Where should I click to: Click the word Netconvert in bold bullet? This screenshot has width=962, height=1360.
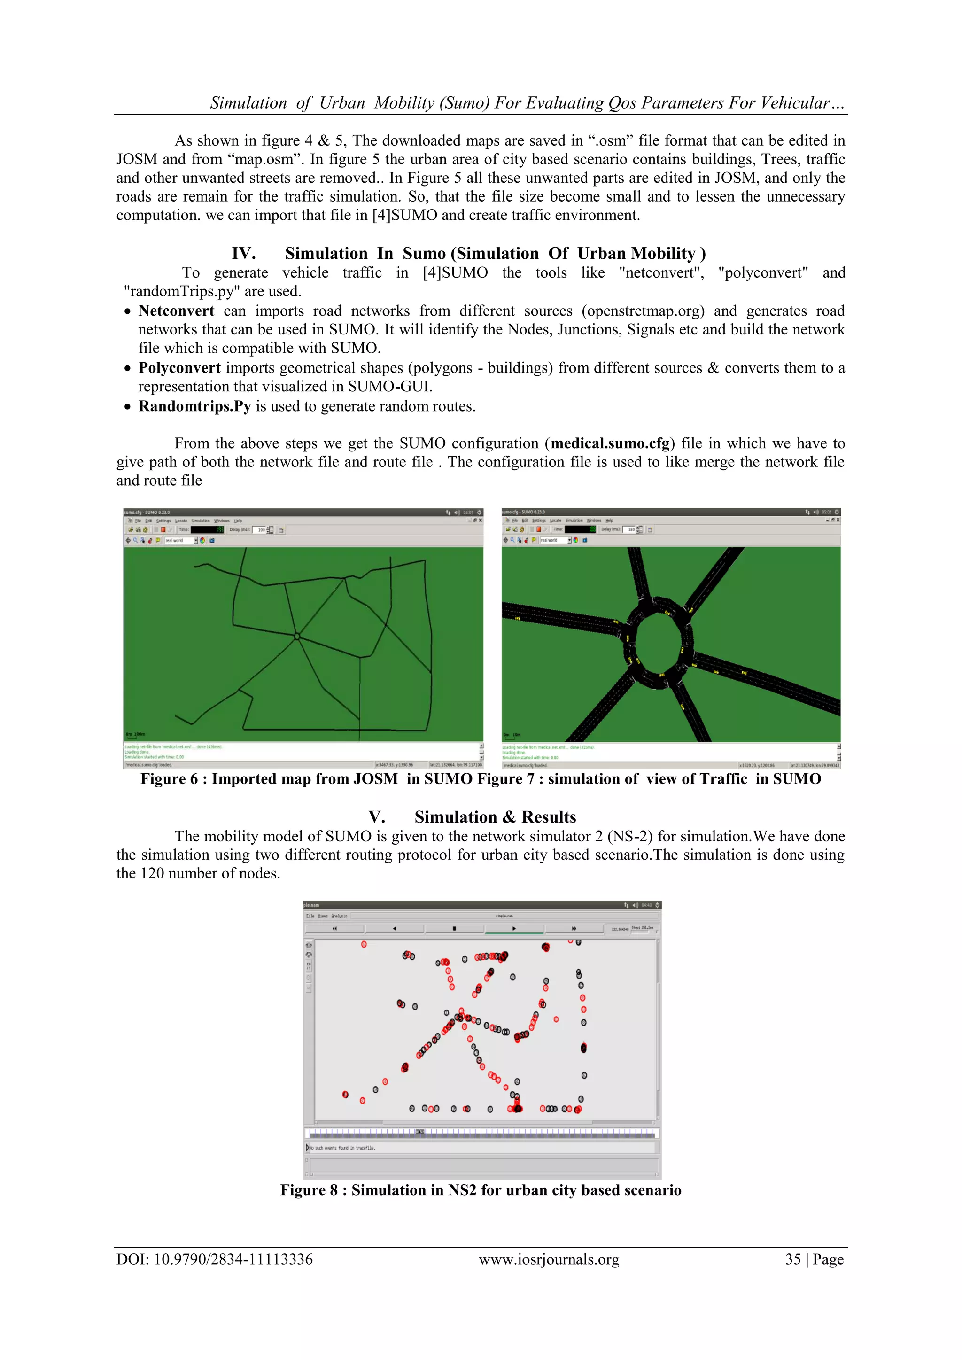point(176,311)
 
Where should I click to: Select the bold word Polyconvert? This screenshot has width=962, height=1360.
point(179,368)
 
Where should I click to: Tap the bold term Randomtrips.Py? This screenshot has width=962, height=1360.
point(194,406)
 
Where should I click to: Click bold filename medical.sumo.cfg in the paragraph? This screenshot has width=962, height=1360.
point(610,443)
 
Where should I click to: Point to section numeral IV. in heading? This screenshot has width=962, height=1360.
point(243,254)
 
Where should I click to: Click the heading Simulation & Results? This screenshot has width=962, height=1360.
point(495,817)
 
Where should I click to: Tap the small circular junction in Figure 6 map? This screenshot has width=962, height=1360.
point(297,637)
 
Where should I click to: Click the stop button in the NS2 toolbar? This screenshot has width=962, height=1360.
point(454,929)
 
